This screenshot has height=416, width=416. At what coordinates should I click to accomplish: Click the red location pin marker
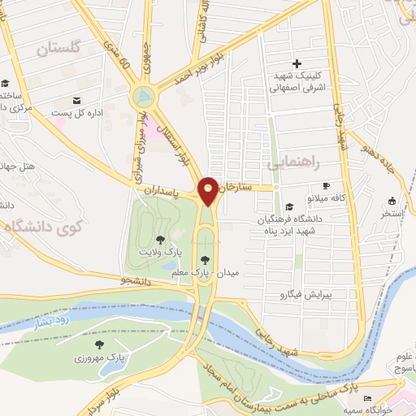coord(208,190)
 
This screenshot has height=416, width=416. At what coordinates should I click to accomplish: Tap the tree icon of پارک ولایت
coord(160,240)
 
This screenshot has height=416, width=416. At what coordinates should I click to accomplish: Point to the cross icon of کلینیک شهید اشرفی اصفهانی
coord(297,63)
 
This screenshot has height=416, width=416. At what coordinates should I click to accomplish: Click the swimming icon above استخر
coord(392,201)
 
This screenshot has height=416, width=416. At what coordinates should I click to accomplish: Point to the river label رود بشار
coord(47,319)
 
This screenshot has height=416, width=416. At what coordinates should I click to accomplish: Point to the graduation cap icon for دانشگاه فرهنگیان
coord(290,206)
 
